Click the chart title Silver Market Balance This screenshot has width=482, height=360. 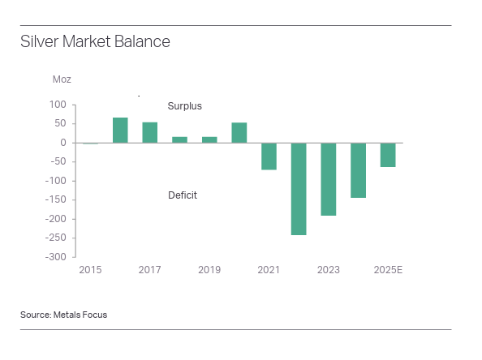95,41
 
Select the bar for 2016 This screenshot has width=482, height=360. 120,130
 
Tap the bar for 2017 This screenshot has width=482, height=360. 150,132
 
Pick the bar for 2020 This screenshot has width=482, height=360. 239,132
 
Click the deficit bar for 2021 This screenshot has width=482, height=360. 269,156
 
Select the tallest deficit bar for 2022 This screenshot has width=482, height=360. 299,188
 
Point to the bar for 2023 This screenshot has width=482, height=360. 328,178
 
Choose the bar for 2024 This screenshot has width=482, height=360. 358,169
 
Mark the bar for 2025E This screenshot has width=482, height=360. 388,154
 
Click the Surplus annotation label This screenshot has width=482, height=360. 184,106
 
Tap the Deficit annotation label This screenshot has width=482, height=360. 183,195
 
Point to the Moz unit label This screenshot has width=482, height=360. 62,79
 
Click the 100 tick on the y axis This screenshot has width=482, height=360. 58,105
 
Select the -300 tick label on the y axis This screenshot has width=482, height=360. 54,257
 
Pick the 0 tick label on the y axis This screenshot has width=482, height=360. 62,143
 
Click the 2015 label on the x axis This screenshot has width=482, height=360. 90,270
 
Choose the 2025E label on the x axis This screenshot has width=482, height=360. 388,270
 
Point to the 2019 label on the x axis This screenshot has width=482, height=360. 209,270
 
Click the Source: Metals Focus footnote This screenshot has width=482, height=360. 63,315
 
